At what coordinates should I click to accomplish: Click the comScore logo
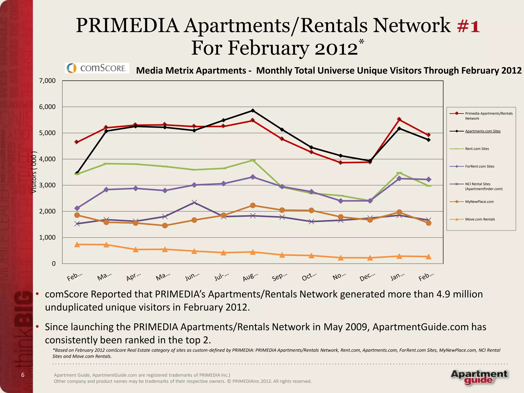97,68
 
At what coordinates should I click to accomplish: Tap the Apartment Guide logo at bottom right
479,377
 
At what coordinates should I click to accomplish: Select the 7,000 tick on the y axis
47,81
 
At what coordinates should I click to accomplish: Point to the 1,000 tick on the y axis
47,237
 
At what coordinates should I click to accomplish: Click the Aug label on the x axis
250,277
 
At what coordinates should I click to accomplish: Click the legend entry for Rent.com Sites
477,149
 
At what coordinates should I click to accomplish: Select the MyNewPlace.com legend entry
479,202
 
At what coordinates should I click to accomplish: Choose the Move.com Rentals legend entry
480,219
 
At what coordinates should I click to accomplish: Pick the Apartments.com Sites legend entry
483,131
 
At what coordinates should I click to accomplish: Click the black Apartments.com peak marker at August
253,111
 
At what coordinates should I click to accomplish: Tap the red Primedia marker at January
399,119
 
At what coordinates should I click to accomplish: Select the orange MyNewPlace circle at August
253,205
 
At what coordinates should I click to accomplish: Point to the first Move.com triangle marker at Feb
77,245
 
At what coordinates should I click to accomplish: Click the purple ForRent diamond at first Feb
77,208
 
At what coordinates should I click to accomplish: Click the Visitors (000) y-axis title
34,172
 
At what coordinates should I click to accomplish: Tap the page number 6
23,375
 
